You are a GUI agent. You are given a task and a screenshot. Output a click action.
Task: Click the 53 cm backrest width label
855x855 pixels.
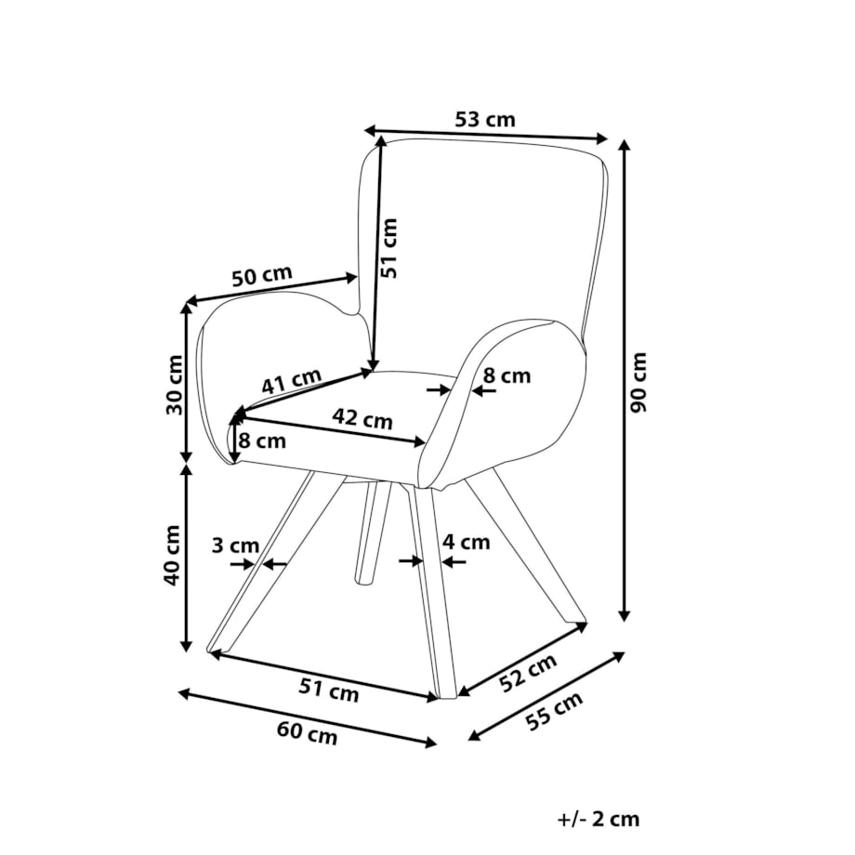pyautogui.click(x=485, y=119)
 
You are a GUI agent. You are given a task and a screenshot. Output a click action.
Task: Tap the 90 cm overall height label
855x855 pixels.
pyautogui.click(x=637, y=382)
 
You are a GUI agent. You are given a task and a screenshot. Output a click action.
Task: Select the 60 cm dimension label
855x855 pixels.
pyautogui.click(x=307, y=732)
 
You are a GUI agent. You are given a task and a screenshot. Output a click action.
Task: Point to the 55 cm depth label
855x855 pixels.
pyautogui.click(x=555, y=711)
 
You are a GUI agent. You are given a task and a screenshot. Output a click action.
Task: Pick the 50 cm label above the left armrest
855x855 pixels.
pyautogui.click(x=262, y=276)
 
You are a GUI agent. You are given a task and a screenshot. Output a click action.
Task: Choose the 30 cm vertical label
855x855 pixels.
pyautogui.click(x=175, y=385)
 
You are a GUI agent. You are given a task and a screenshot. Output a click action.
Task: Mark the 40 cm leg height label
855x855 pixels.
pyautogui.click(x=172, y=555)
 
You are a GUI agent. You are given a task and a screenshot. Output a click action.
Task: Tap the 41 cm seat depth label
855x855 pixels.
pyautogui.click(x=291, y=381)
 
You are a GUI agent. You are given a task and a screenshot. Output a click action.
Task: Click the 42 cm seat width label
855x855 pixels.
pyautogui.click(x=362, y=419)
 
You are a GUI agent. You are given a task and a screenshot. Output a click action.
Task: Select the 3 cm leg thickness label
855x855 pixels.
pyautogui.click(x=235, y=545)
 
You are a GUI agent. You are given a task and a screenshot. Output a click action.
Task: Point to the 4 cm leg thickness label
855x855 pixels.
pyautogui.click(x=467, y=542)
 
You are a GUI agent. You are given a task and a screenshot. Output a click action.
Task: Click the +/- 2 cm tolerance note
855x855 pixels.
pyautogui.click(x=598, y=819)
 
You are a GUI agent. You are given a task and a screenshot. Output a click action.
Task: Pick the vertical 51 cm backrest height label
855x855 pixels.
pyautogui.click(x=389, y=248)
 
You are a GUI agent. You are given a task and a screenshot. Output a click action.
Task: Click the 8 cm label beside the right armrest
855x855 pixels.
pyautogui.click(x=507, y=375)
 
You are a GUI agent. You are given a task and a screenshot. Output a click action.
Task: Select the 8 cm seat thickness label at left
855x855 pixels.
pyautogui.click(x=262, y=441)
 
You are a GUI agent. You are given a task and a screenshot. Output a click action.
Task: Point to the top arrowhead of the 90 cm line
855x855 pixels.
pyautogui.click(x=625, y=144)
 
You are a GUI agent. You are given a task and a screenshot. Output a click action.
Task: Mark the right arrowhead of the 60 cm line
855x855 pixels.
pyautogui.click(x=431, y=742)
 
